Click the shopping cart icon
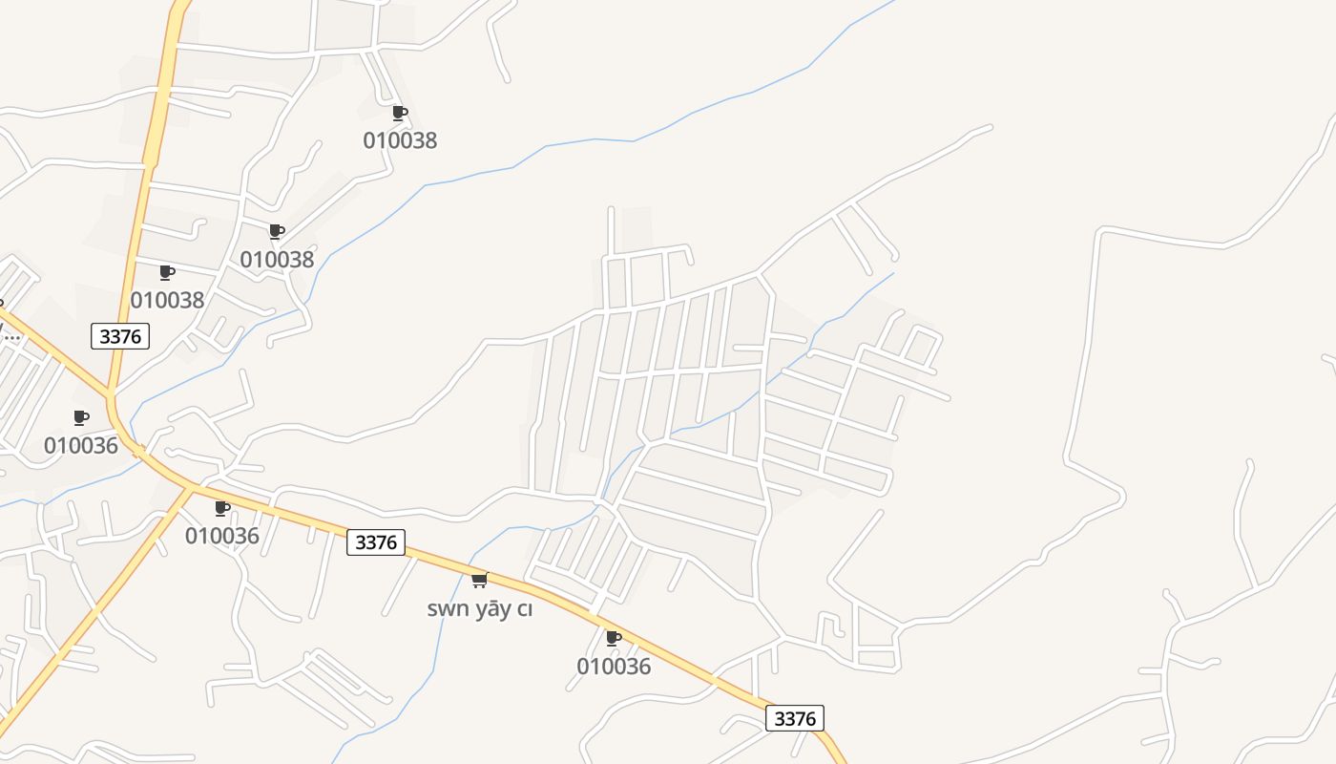pos(479,580)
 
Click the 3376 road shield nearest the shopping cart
pos(376,542)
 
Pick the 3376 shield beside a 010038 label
pos(120,336)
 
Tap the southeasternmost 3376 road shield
pos(795,718)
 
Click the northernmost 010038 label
pos(400,140)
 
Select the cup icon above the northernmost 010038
pos(400,113)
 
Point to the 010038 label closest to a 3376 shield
pos(167,300)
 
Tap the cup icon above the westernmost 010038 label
pos(167,272)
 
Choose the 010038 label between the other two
pos(277,260)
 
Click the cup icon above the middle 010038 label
pos(277,231)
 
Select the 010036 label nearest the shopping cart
pos(614,667)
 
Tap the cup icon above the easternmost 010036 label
pos(614,637)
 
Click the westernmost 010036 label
pos(81,446)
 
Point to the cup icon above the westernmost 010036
pos(81,417)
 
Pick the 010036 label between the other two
pos(222,536)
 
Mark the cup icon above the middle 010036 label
pos(222,508)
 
